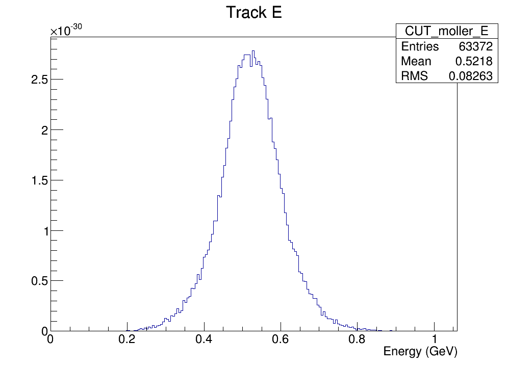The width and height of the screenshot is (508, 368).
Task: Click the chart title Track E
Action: tap(253, 13)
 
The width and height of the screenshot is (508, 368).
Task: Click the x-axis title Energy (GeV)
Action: tap(420, 352)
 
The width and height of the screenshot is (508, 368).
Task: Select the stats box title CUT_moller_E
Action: tap(446, 31)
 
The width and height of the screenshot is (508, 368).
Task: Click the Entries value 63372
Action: tap(475, 47)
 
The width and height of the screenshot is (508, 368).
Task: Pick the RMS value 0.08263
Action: tap(470, 76)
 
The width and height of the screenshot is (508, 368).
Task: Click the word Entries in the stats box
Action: tap(420, 47)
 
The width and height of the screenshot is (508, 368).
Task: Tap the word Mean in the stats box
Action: tap(416, 62)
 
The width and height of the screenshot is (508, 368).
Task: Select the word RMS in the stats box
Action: tap(415, 76)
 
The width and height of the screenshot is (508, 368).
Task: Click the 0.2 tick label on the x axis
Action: tap(127, 340)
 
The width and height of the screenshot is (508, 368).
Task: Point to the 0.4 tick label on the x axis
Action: tap(204, 340)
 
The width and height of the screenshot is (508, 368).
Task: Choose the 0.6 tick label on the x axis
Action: tap(281, 340)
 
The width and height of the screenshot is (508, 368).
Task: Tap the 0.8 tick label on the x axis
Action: tap(358, 340)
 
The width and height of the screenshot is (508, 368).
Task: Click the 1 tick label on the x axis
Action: tap(434, 340)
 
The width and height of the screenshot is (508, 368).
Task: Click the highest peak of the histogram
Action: tap(253, 51)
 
